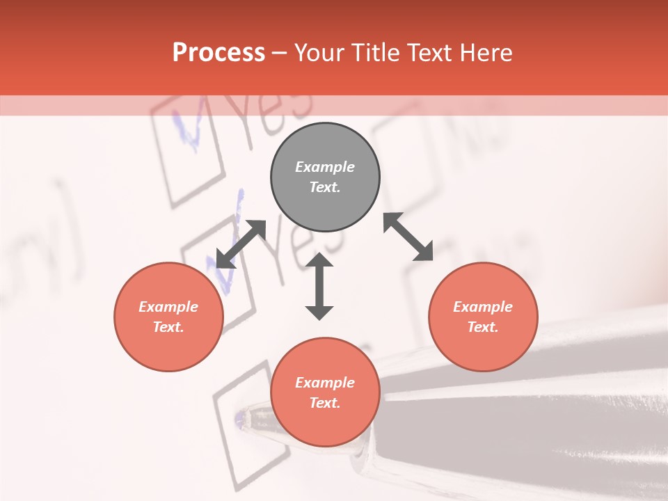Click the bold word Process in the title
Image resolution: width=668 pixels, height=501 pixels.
218,53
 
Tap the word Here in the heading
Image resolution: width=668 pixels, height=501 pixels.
484,53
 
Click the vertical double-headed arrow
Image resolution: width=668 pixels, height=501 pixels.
319,286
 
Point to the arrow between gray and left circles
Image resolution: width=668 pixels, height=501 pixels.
241,244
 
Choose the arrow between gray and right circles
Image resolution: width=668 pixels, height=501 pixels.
408,237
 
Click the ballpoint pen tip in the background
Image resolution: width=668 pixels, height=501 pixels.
241,418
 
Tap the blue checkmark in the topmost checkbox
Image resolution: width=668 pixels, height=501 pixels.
189,129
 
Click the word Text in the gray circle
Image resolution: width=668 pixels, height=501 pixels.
324,187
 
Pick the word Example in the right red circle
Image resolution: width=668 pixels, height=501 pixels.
483,307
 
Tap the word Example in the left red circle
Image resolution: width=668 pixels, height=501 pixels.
168,307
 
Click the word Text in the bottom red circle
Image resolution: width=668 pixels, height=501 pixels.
324,403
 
